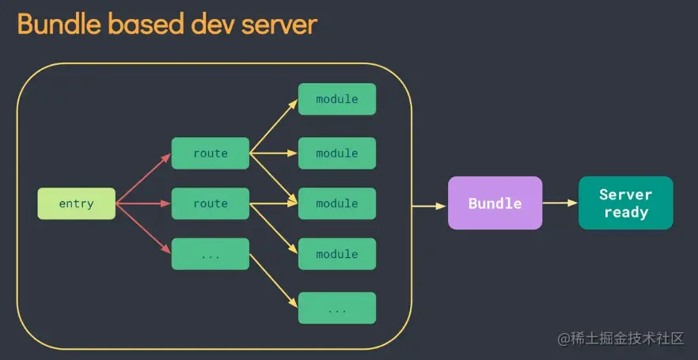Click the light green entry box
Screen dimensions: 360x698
76,204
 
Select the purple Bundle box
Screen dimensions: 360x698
495,203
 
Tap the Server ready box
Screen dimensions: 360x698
625,203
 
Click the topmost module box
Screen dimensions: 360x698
336,99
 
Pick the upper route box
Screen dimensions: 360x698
211,153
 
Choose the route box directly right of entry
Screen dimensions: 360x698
211,204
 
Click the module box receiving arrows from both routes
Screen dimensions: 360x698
336,204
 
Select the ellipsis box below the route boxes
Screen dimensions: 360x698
211,254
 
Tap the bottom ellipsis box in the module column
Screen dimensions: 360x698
336,308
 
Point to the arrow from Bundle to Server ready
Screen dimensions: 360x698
560,203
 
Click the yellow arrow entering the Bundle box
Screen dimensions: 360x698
430,206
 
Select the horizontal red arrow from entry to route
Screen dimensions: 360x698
143,204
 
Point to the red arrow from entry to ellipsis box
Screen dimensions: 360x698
143,229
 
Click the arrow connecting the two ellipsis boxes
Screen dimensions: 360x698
274,281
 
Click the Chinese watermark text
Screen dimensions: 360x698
620,339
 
